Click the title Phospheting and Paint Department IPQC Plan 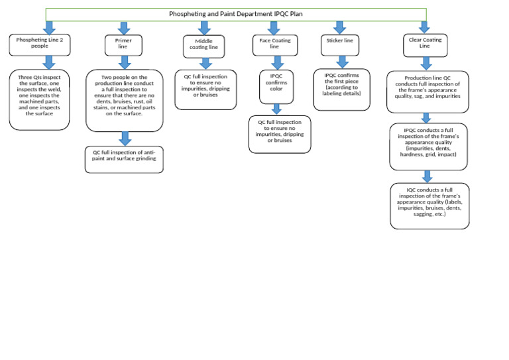(236, 13)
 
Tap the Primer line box (123, 44)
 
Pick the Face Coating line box (274, 44)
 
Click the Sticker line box (340, 44)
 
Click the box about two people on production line (124, 100)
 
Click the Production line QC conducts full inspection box (427, 91)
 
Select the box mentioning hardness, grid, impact (427, 146)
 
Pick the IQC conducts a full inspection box (429, 206)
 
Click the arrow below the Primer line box (124, 62)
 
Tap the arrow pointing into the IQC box (428, 176)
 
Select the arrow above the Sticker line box (340, 28)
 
